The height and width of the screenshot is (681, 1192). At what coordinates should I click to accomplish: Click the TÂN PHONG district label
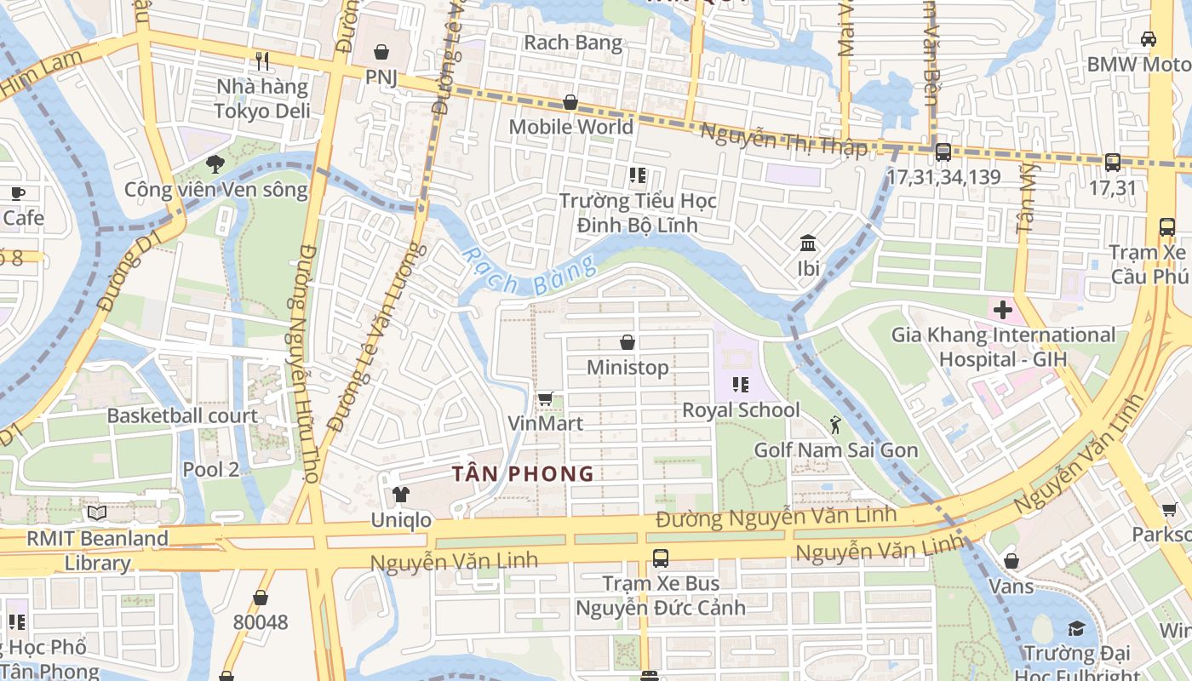[523, 474]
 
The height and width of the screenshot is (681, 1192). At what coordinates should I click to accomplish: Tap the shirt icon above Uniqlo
[400, 495]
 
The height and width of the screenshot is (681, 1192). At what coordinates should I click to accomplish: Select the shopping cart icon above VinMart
[546, 398]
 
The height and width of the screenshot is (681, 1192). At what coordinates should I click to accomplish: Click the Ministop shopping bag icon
[628, 342]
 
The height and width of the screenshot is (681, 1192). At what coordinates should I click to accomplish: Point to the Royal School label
[741, 410]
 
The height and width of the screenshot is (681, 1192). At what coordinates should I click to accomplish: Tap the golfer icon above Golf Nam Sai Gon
[835, 424]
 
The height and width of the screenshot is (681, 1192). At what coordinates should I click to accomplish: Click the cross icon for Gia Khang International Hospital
[1002, 310]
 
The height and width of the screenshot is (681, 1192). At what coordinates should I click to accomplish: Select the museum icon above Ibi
[808, 243]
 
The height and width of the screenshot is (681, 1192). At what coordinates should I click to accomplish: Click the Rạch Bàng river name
[530, 275]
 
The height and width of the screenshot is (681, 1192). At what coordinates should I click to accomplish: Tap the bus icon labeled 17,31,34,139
[943, 152]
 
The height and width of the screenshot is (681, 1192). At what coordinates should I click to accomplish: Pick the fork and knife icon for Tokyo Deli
[262, 61]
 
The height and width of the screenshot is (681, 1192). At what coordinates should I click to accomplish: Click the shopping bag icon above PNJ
[381, 52]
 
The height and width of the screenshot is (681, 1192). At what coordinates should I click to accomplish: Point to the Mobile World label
[570, 127]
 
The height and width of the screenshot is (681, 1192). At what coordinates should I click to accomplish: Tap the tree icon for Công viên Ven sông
[215, 164]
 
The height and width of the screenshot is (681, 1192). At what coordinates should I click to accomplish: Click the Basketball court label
[182, 415]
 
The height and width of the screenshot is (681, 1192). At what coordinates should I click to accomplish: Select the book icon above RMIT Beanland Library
[97, 513]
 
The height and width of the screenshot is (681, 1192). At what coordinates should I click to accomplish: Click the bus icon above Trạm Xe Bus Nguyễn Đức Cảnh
[661, 558]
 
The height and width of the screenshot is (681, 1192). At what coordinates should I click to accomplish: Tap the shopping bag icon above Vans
[1011, 561]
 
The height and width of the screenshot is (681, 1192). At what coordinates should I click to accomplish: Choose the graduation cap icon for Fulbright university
[1076, 629]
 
